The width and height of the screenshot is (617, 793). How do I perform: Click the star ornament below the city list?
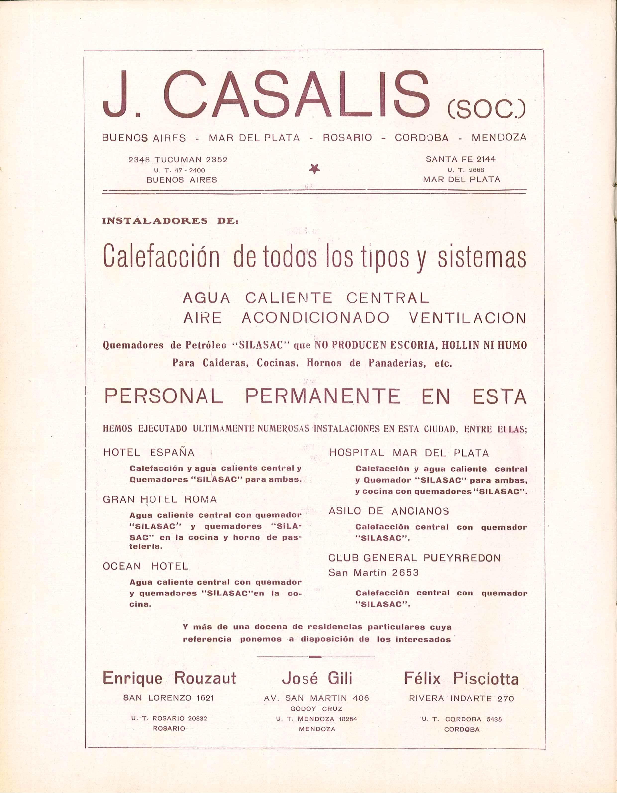click(314, 168)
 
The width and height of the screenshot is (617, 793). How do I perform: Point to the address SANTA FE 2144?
click(461, 159)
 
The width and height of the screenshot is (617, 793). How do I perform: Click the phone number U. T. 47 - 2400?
click(179, 170)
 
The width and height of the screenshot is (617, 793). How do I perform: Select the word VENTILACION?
click(467, 318)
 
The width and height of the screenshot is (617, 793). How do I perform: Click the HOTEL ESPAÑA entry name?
click(149, 452)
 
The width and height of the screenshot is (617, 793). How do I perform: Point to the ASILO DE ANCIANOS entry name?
click(389, 511)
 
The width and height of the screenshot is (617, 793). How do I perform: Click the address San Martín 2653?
click(373, 573)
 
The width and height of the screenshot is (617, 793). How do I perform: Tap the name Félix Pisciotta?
click(461, 678)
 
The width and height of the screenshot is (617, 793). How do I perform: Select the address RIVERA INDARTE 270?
click(461, 698)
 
